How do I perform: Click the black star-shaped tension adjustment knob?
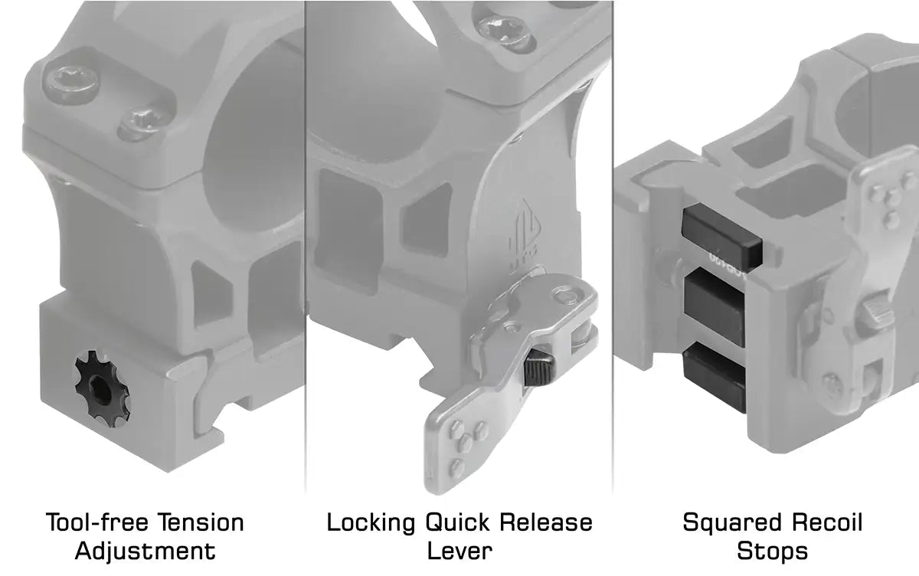pos(103,388)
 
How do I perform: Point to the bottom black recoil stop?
pos(715,376)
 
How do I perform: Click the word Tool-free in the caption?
pos(97,522)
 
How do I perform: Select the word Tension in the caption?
pos(201,522)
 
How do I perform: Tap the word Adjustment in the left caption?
pos(146,551)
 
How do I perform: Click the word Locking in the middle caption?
pos(371,523)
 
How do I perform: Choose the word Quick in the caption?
pos(457,522)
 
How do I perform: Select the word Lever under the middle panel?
pos(459,551)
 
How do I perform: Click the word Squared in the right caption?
pos(731,523)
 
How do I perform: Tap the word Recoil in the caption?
pos(826,522)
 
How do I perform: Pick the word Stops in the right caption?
pos(772,551)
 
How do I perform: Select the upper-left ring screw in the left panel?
pos(72,82)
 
